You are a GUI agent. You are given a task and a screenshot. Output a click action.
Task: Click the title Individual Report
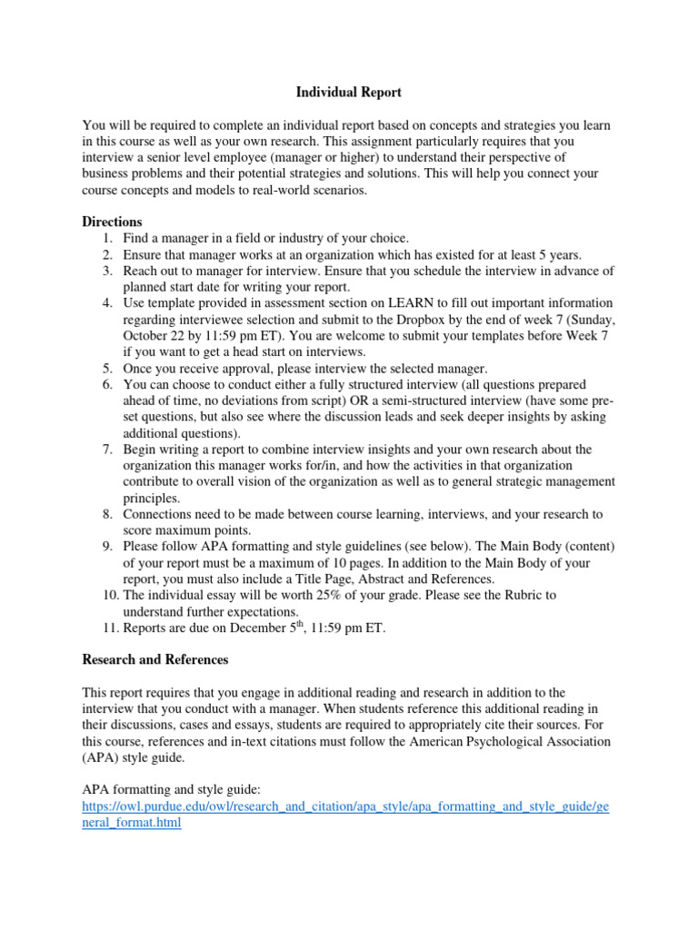349,93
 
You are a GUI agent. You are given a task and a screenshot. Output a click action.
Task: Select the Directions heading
112,222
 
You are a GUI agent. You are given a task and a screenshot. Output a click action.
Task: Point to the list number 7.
106,450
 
